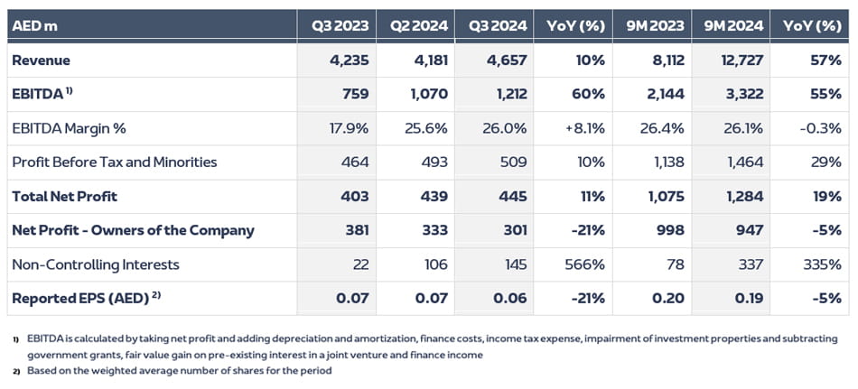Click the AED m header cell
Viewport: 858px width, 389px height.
point(34,25)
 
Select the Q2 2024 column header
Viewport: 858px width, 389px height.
point(418,25)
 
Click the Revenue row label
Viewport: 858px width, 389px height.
point(42,60)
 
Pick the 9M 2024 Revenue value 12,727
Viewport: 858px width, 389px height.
point(739,60)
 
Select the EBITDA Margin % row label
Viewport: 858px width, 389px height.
point(69,128)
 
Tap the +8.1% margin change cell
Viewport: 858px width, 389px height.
point(584,128)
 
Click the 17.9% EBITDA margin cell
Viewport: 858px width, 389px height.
point(348,128)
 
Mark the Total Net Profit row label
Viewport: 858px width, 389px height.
point(64,196)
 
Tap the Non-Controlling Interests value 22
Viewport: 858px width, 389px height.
point(359,264)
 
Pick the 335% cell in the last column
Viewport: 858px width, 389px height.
point(823,264)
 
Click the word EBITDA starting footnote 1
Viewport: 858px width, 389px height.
point(44,339)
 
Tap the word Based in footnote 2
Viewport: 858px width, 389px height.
point(42,370)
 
